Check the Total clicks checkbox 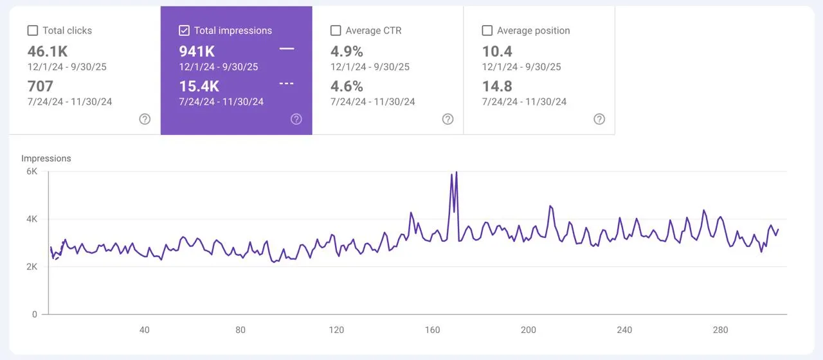point(32,30)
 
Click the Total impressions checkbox point(184,30)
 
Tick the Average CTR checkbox point(335,30)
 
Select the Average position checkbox point(487,30)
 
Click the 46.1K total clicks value point(48,51)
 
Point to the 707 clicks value point(41,86)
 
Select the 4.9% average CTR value point(347,51)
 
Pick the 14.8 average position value point(497,86)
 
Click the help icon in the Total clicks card point(145,119)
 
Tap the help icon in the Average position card point(599,119)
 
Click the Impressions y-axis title point(46,158)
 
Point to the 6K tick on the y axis point(32,172)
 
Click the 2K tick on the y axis point(32,267)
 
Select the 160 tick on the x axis point(433,330)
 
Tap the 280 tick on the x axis point(721,330)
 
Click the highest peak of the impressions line point(456,172)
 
